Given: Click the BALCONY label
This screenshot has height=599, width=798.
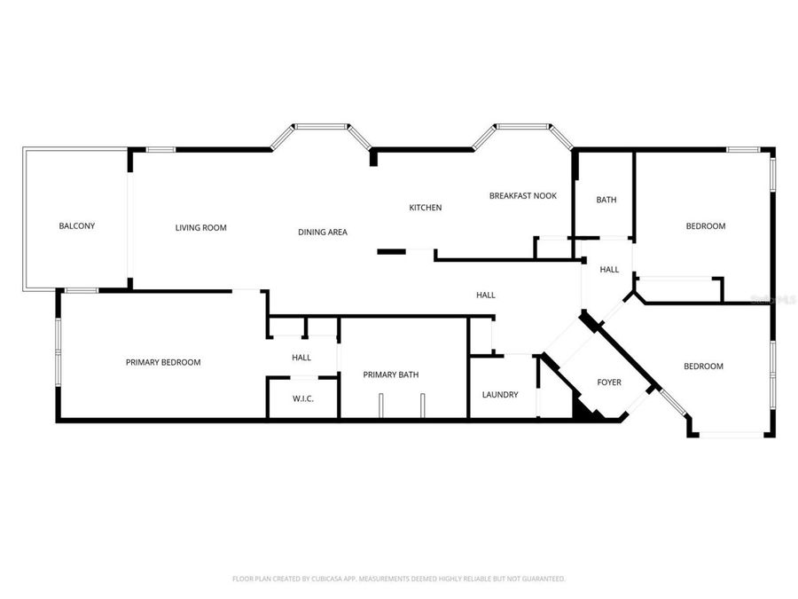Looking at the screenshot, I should coord(77,226).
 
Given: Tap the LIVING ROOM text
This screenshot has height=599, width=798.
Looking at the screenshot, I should coord(200,228).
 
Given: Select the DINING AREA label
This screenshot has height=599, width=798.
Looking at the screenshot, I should coord(323,233).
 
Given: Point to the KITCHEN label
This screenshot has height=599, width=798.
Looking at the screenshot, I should coord(425,208).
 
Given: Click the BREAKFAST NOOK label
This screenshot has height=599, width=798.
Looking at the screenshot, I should coord(523,196).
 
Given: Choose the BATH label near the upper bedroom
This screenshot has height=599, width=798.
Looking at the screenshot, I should coord(606,201).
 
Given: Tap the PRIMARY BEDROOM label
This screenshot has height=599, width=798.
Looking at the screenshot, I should coord(163,362).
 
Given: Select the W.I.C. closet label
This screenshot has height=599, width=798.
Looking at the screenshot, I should coord(303,398).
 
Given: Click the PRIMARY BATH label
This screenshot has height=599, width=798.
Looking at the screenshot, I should coord(391,374).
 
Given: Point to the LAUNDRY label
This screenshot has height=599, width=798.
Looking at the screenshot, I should coord(500,395).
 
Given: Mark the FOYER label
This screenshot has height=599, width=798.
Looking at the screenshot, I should coord(609,382).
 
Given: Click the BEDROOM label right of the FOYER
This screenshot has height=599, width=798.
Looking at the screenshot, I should coord(703,366).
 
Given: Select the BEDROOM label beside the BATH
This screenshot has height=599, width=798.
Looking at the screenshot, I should coord(706,226).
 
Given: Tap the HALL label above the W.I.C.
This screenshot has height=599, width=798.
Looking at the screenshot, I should coord(301,358).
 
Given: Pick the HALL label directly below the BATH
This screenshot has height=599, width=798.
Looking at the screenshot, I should coord(609,270).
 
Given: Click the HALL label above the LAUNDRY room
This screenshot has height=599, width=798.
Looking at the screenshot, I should coord(486,296).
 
